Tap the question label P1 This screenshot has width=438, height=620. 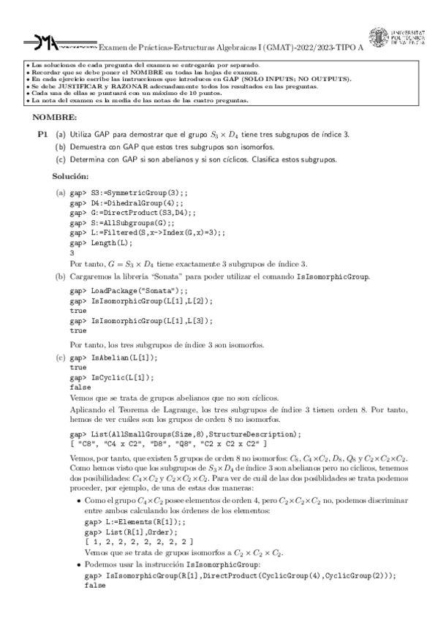pyautogui.click(x=42, y=135)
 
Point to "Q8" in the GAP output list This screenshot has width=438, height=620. pyautogui.click(x=189, y=444)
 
